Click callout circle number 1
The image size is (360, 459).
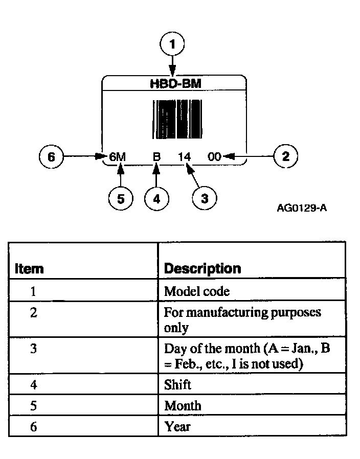pos(173,44)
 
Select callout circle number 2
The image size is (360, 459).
pos(285,156)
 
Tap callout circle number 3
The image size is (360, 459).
pos(205,199)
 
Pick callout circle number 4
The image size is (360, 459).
pos(157,199)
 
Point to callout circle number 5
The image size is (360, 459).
pos(121,199)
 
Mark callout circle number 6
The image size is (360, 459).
pos(51,156)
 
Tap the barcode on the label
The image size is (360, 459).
pos(174,119)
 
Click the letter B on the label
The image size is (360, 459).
pos(157,157)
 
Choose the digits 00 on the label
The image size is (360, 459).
pos(215,157)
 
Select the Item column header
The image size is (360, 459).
pos(29,268)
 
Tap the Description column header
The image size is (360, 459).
pos(202,268)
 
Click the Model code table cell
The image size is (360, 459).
pos(197,291)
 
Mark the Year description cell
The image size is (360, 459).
pos(177,426)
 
